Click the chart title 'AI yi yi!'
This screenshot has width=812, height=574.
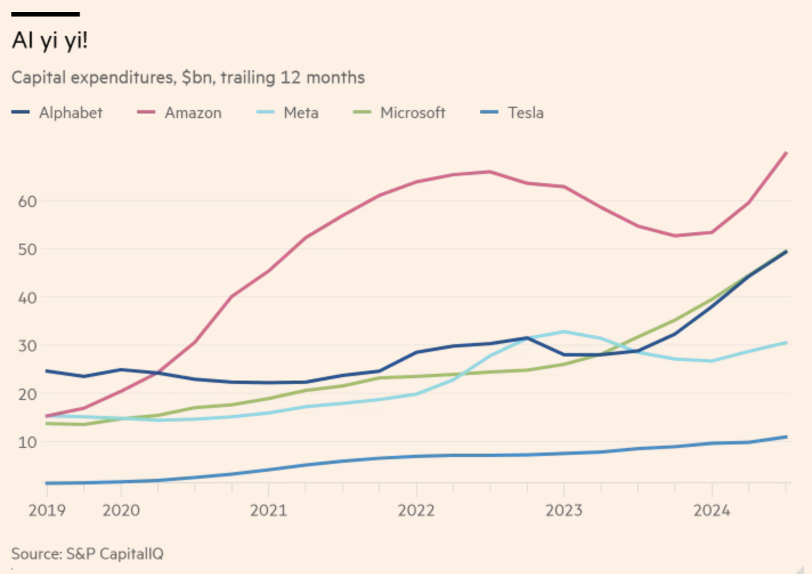click(50, 41)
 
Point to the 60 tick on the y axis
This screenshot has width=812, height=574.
click(27, 201)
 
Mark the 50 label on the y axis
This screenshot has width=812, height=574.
click(27, 249)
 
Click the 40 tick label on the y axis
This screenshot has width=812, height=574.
click(27, 298)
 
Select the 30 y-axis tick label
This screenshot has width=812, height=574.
click(27, 346)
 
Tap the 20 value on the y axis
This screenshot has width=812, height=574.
click(27, 394)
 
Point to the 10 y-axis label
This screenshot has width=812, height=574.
click(27, 442)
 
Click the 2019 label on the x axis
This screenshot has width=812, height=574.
click(47, 510)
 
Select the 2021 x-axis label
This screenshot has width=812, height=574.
click(269, 510)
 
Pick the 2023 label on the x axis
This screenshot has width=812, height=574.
click(564, 510)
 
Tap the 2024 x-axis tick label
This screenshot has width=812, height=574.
click(712, 510)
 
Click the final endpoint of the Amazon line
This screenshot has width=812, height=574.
click(786, 153)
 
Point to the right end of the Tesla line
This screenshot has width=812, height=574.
click(786, 437)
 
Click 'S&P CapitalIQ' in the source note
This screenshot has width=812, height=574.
click(115, 553)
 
